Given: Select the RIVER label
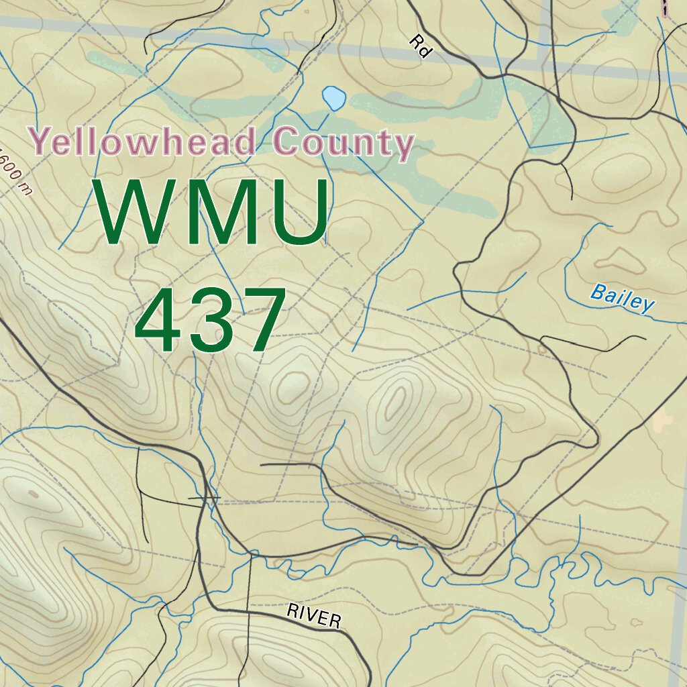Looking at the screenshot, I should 313,616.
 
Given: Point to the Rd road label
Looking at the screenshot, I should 421,48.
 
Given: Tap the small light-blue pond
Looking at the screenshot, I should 333,98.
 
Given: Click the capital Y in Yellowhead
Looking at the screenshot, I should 42,141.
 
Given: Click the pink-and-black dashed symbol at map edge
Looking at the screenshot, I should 665,7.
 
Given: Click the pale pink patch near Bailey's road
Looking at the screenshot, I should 663,421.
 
